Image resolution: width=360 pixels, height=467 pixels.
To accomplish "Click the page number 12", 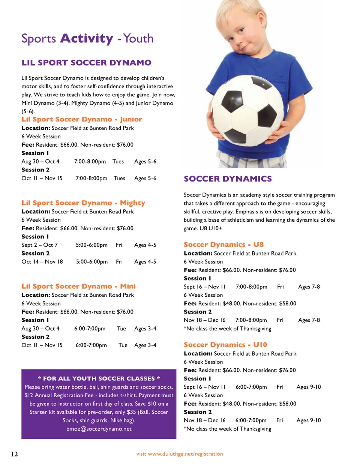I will click(14, 454).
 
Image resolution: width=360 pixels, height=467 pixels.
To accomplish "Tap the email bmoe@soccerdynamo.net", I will click(99, 429).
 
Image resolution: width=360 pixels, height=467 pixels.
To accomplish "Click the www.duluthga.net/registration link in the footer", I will click(185, 454).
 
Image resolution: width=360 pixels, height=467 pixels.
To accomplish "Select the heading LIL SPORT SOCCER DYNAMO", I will click(86, 63).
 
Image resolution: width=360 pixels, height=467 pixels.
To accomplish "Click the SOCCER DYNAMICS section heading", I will click(228, 179).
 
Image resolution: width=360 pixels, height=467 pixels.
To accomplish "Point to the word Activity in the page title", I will click(87, 38).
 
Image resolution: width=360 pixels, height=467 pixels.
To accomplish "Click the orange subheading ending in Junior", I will click(82, 119).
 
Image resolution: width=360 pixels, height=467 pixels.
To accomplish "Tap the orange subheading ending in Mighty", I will click(83, 203).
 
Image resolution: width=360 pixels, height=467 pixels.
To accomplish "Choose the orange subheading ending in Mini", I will click(78, 286).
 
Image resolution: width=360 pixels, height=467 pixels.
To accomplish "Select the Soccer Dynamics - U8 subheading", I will click(223, 245).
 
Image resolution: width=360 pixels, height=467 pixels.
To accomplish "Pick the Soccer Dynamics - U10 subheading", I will click(225, 345).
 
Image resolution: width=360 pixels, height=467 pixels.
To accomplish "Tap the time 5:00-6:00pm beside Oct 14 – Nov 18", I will click(91, 262).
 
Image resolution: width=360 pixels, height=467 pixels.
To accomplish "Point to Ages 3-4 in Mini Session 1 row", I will click(145, 329).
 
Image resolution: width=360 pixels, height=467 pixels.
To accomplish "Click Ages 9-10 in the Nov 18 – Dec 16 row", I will click(309, 420).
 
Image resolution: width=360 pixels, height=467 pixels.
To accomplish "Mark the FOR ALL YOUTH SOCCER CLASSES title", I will click(99, 378).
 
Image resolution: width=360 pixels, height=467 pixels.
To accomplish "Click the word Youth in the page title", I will click(138, 38).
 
